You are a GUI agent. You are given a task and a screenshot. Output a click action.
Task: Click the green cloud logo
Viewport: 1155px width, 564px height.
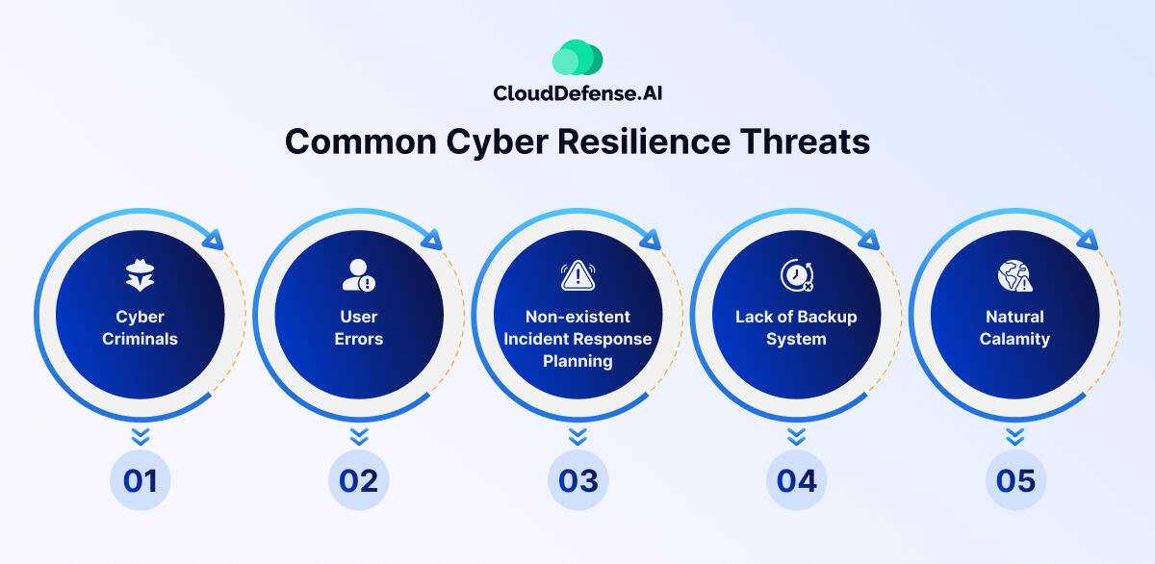tap(577, 57)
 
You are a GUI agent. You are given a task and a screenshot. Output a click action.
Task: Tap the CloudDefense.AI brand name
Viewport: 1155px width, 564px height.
tap(577, 93)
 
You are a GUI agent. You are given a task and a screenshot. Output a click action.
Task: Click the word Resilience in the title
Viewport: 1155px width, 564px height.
tap(644, 141)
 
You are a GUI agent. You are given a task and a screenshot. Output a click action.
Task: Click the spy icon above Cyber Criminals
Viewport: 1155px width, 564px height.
tap(140, 275)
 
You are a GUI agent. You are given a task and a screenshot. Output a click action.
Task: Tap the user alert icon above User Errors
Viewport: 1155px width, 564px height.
tap(359, 275)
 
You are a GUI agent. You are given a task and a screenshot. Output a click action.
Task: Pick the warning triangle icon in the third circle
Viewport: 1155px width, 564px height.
tap(578, 275)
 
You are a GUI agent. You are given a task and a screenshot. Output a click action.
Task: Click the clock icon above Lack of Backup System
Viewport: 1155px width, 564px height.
tap(797, 275)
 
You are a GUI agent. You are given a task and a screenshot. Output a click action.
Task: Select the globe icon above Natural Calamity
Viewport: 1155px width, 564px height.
tap(1014, 276)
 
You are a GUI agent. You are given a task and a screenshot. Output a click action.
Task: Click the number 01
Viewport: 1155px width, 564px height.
tap(141, 481)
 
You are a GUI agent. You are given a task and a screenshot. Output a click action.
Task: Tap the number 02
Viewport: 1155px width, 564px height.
tap(359, 481)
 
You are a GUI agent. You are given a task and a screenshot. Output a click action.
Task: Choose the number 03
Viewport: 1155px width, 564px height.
tap(578, 481)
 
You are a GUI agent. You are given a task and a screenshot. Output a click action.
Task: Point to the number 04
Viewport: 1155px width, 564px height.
tap(797, 481)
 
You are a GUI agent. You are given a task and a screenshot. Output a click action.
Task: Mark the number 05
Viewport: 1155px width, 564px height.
tap(1015, 481)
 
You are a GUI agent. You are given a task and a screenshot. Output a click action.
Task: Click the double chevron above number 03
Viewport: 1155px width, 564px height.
tap(578, 436)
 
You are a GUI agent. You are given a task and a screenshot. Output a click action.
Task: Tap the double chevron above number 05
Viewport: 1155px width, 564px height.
tap(1015, 436)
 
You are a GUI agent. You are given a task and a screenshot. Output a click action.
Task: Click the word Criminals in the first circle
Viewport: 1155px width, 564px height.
tap(140, 339)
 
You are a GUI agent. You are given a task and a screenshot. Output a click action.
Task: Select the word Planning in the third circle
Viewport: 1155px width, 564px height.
tap(577, 361)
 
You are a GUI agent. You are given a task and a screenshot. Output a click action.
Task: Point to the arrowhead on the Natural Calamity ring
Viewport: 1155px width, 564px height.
tap(1088, 240)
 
